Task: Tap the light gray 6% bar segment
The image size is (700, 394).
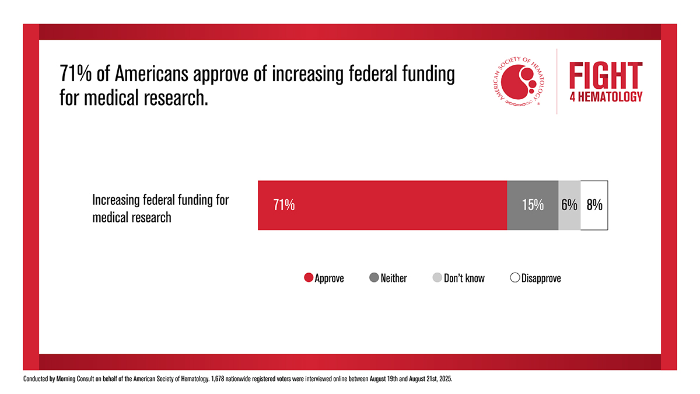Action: point(569,205)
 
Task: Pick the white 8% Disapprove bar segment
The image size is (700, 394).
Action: point(594,205)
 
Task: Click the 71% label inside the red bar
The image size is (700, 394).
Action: point(284,205)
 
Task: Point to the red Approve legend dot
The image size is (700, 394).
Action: point(309,278)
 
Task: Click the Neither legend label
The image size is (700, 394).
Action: point(394,278)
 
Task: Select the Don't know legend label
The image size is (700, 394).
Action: point(464,278)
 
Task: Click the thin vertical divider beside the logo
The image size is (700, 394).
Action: point(557,82)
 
